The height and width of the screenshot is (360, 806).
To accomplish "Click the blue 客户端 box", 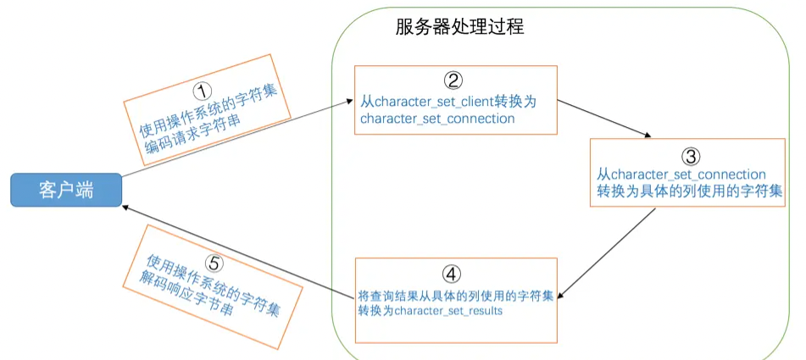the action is pos(65,191).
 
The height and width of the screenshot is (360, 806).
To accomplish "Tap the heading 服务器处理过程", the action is pos(459,26).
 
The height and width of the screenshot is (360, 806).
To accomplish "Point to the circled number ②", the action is pos(453,80).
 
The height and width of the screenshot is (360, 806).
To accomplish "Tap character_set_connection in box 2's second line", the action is pos(437,119).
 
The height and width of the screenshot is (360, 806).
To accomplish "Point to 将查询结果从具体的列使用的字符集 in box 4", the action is pos(455,295).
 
